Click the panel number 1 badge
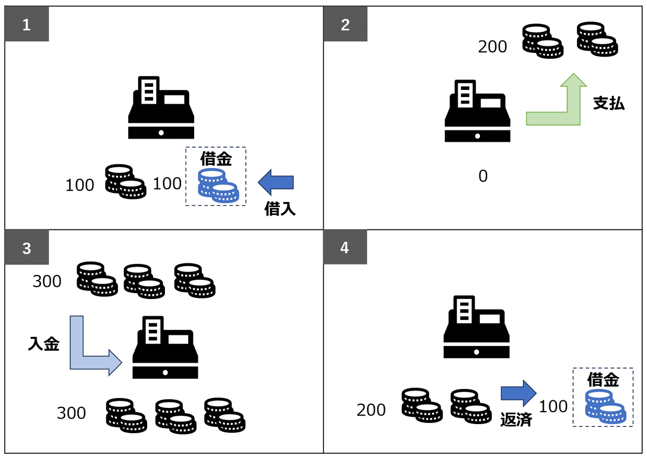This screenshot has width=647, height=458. click(27, 25)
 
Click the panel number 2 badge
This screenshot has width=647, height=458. click(346, 25)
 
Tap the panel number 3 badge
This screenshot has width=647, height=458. click(27, 248)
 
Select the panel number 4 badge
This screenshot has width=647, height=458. click(345, 248)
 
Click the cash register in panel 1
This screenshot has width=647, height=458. click(161, 108)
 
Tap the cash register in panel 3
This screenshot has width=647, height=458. click(165, 347)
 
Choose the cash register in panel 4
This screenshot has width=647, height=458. click(476, 327)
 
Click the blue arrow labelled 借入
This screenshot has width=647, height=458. click(276, 183)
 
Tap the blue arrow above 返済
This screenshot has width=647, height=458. click(518, 392)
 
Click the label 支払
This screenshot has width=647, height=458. click(609, 103)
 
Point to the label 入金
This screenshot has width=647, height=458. click(43, 344)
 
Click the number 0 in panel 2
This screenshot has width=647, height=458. click(483, 176)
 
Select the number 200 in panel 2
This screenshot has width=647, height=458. click(492, 47)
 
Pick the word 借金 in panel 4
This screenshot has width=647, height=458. click(603, 380)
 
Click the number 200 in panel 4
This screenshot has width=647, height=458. click(371, 410)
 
